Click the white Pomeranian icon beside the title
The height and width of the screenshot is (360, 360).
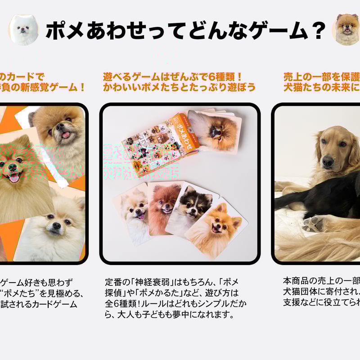(x=23, y=29)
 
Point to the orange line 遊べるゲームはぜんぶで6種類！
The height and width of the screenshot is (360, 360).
(x=173, y=77)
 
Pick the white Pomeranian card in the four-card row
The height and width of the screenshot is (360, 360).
(x=132, y=211)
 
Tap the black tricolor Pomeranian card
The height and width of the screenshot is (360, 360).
(x=191, y=210)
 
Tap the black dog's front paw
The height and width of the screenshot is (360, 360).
(x=312, y=223)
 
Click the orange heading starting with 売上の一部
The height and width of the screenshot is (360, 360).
(x=321, y=77)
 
